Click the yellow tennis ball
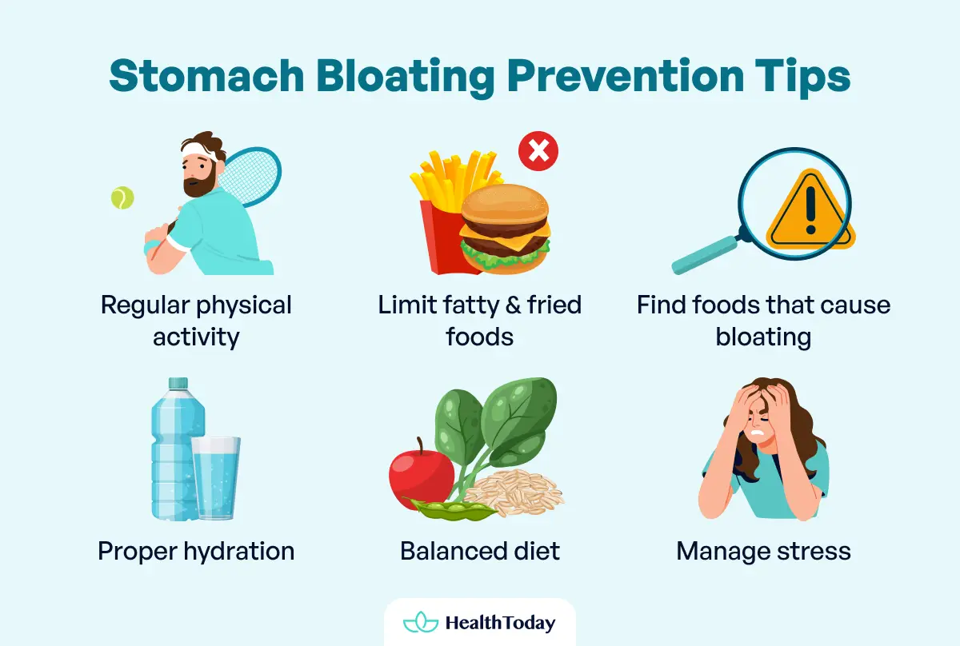pyautogui.click(x=122, y=197)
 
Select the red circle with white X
pyautogui.click(x=538, y=152)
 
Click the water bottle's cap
pyautogui.click(x=178, y=385)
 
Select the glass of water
pyautogui.click(x=215, y=477)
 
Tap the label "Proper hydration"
pyautogui.click(x=196, y=551)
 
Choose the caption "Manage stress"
pyautogui.click(x=763, y=551)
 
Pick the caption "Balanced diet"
pyautogui.click(x=480, y=551)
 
